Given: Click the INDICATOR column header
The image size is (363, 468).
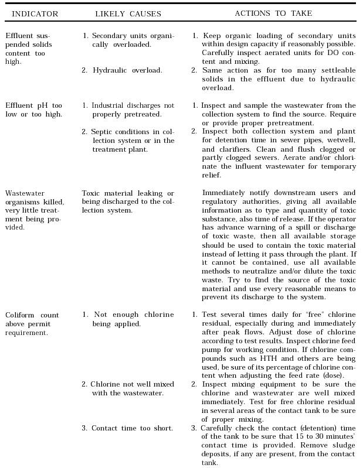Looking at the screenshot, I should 35,13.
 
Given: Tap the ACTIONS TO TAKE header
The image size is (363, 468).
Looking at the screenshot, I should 273,13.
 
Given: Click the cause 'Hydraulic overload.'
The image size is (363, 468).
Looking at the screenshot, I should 127,70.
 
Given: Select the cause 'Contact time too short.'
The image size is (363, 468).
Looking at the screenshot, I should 132,428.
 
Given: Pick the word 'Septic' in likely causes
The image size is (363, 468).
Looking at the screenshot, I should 102,132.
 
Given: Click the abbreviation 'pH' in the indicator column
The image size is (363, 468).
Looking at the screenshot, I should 42,105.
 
